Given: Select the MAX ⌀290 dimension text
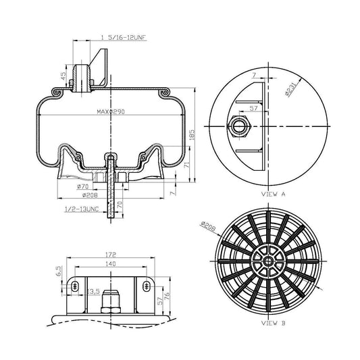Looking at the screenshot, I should coord(112,111).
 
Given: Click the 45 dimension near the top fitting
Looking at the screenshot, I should coord(64,75).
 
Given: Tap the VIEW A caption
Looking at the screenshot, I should coord(273,193).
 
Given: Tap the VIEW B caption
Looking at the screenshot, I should coord(273,324).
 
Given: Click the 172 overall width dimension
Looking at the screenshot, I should coord(111,255).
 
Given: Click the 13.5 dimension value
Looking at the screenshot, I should coord(94,291).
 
